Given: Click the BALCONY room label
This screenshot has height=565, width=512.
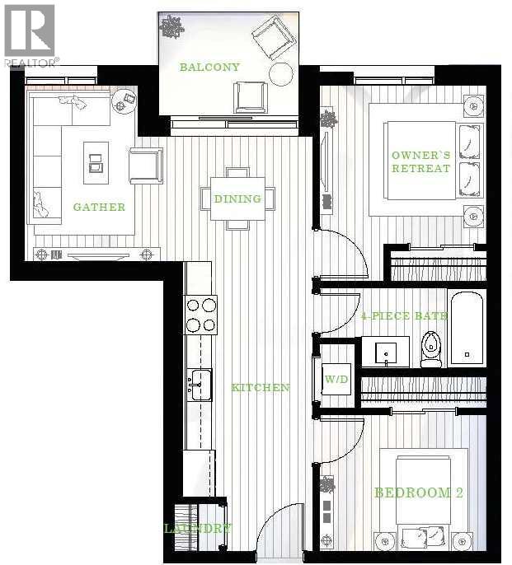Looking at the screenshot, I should click(209, 67).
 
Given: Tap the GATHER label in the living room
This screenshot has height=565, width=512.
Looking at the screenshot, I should click(99, 207).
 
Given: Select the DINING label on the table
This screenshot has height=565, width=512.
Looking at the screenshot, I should click(237, 198).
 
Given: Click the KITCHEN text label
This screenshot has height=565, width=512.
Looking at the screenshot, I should click(260, 387).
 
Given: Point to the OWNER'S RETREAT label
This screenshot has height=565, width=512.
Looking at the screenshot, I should click(420, 161).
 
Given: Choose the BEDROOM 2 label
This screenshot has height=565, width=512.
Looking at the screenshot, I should click(418, 493).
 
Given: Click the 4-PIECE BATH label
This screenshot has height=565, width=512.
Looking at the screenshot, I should click(404, 315).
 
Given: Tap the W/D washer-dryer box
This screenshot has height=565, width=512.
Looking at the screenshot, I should click(336, 380).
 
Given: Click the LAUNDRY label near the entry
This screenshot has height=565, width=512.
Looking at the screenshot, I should click(197, 528).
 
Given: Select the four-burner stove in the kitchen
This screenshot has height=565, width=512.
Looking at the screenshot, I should click(201, 315).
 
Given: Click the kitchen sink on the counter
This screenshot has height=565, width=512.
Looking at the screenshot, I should click(200, 384).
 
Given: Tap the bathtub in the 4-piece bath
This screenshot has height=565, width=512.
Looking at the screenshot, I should click(467, 327).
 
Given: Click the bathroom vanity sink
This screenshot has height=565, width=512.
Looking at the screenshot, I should click(386, 352).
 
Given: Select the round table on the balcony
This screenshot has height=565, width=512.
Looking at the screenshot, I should click(281, 74).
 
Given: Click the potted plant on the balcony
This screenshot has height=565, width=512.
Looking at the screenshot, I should click(172, 26).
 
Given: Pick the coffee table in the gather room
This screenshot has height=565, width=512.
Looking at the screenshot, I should click(96, 163).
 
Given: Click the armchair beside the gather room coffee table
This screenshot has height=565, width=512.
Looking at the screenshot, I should click(146, 165).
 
